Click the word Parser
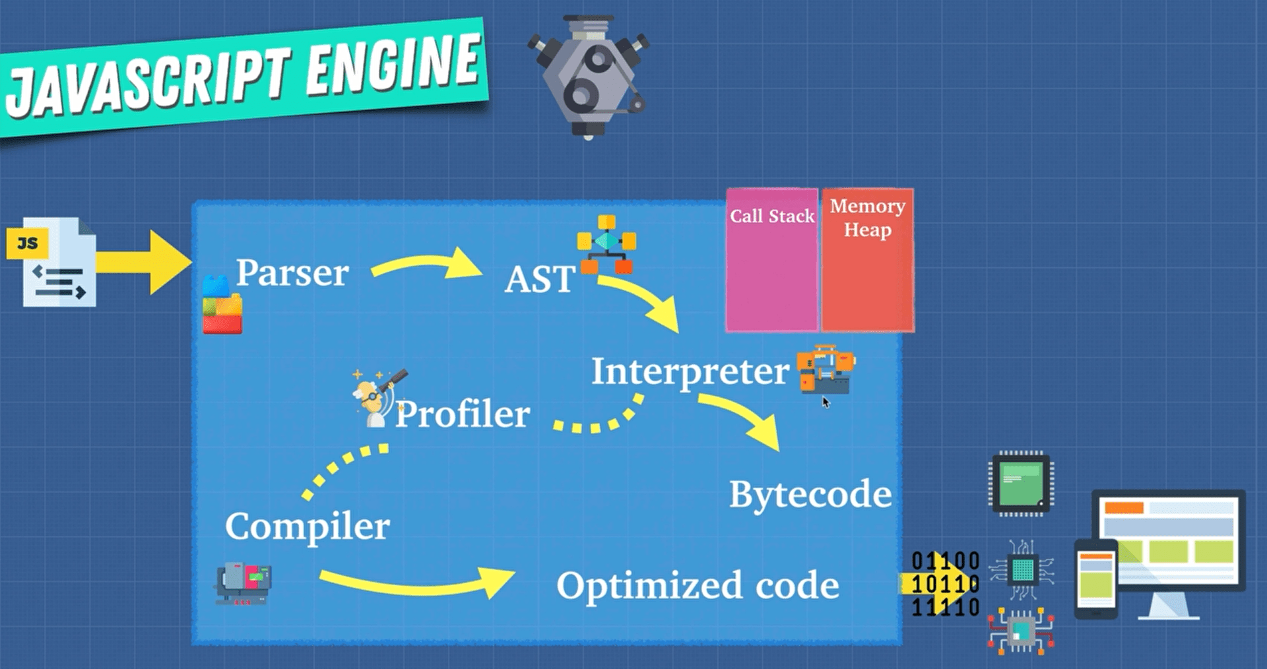[x=292, y=272]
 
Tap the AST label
[x=540, y=279]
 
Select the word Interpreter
[x=690, y=371]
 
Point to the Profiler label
[x=463, y=414]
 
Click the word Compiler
[x=308, y=526]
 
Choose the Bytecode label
[x=810, y=494]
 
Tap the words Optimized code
[x=698, y=585]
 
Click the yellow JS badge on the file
[x=27, y=243]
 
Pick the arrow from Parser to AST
[x=426, y=265]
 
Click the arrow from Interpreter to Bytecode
[x=742, y=419]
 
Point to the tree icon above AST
[x=606, y=243]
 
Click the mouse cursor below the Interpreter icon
[x=826, y=402]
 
